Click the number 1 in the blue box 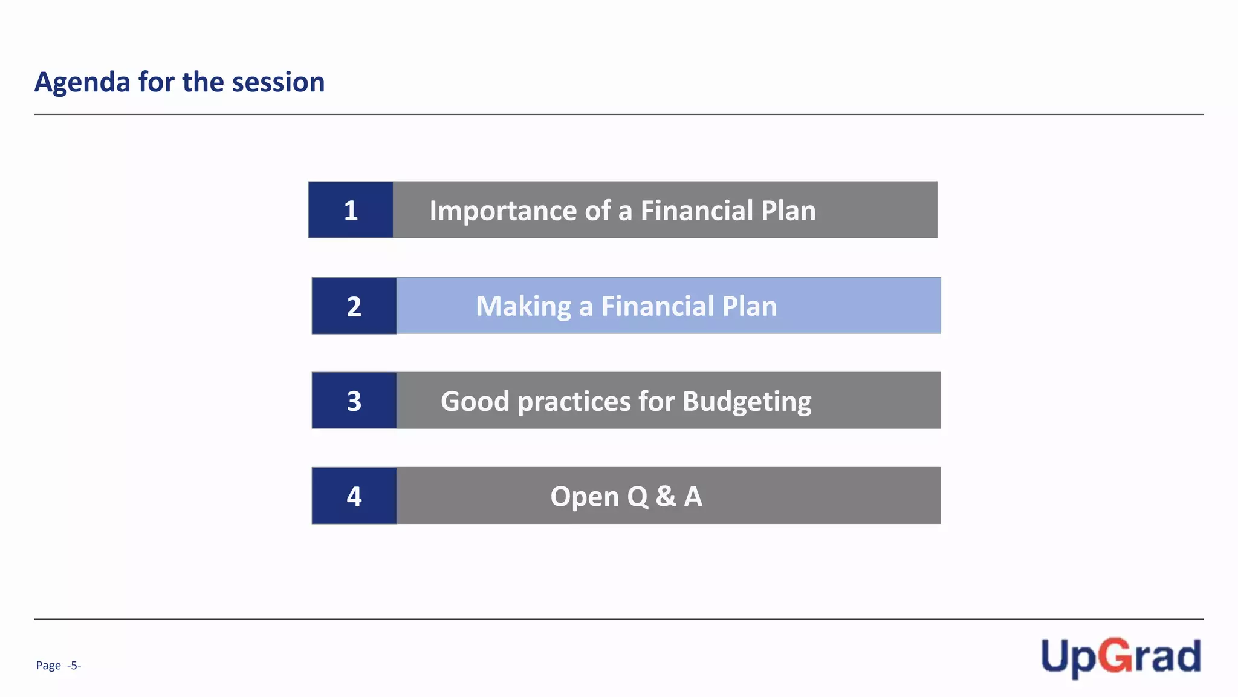(x=351, y=211)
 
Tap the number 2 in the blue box (x=354, y=307)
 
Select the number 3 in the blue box (x=354, y=401)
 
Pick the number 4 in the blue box (x=354, y=497)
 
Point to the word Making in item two (x=523, y=307)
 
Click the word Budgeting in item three (x=747, y=402)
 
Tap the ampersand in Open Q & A (x=666, y=497)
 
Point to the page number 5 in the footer (x=74, y=666)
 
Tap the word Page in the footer (x=48, y=666)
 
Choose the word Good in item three (x=475, y=402)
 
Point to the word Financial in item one (x=696, y=211)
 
